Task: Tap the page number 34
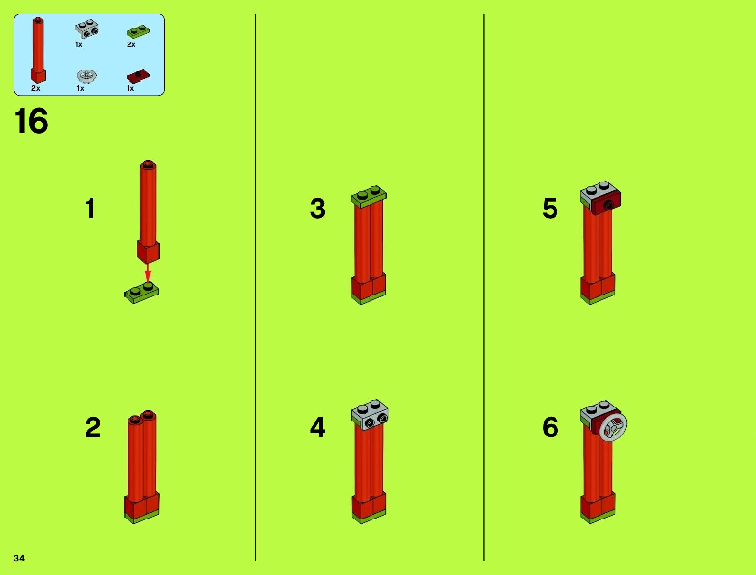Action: click(19, 558)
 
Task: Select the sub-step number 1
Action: click(91, 208)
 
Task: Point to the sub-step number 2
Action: click(93, 427)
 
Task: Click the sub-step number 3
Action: click(317, 208)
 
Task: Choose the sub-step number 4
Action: click(317, 427)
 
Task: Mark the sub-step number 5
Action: click(550, 208)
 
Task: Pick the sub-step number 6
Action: click(550, 427)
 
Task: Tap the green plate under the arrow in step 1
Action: click(142, 293)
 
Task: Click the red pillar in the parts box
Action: click(38, 50)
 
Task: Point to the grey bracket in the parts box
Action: click(87, 28)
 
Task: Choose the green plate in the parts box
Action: click(138, 31)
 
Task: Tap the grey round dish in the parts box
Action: click(86, 76)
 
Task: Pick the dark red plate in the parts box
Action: click(138, 76)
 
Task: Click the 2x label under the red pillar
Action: click(36, 88)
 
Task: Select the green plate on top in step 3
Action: click(369, 197)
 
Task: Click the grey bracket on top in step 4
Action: click(370, 414)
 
